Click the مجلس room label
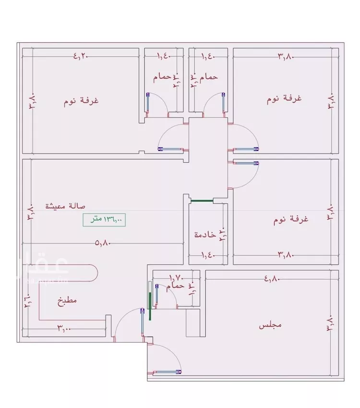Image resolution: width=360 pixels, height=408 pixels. click(x=270, y=325)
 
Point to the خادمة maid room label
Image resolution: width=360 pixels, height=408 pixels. click(x=204, y=235)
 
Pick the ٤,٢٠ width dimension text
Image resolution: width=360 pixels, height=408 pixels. click(x=82, y=56)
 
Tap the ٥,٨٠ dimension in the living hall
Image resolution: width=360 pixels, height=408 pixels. click(x=103, y=243)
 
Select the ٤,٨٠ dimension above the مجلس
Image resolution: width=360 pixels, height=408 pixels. click(x=272, y=278)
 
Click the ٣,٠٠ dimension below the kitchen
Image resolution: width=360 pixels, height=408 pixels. click(x=65, y=329)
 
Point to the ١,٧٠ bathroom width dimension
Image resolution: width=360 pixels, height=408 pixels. click(x=176, y=277)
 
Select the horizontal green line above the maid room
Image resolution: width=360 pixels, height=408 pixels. click(x=202, y=200)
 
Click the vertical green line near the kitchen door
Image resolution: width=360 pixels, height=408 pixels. click(x=150, y=302)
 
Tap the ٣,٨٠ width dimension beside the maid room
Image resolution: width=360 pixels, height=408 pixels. click(x=285, y=255)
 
